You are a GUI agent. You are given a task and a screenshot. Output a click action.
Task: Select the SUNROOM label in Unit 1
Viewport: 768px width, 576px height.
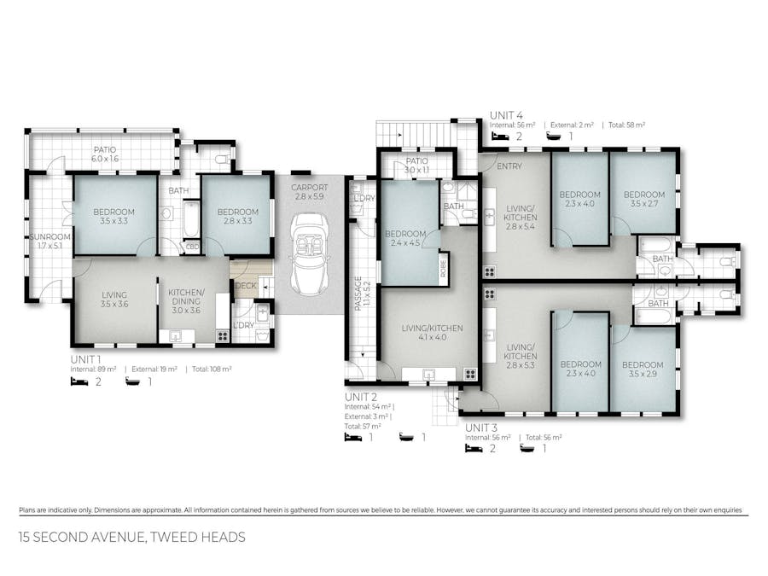point(49,241)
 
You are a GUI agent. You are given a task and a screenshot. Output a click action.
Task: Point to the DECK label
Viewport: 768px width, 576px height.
point(246,286)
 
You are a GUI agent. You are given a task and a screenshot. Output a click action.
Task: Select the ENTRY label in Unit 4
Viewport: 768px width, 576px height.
point(509,166)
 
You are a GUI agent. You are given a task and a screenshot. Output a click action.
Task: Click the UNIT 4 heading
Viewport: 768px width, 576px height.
point(506,114)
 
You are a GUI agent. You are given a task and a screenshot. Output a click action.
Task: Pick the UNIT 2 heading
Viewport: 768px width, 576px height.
point(361,397)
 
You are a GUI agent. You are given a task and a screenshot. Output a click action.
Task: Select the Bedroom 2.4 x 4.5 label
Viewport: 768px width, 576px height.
point(406,239)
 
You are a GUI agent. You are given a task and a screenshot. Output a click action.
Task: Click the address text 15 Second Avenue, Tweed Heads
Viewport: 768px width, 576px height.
point(132,538)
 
